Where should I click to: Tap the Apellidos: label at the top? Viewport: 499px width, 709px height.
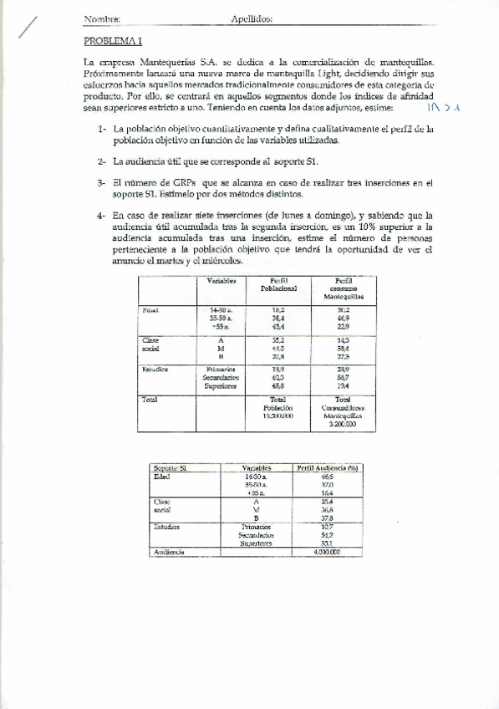click(x=252, y=18)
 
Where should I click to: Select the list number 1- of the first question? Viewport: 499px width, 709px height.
click(x=102, y=130)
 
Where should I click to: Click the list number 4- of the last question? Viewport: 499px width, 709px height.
click(x=102, y=215)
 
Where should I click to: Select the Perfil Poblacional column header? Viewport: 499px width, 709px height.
click(x=279, y=284)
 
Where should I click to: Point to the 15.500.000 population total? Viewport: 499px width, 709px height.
click(x=279, y=416)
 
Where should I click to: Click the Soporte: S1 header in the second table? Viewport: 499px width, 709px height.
click(x=171, y=468)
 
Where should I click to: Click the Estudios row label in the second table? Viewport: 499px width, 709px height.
click(x=168, y=527)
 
